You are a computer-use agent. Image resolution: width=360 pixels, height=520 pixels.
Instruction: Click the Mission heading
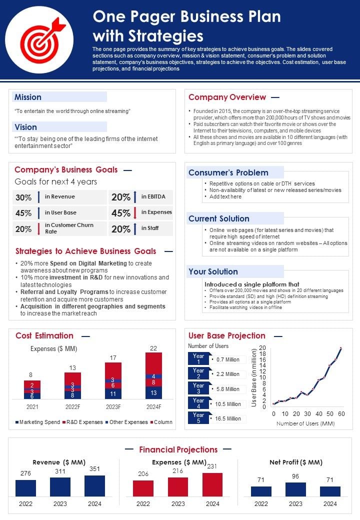(x=28, y=97)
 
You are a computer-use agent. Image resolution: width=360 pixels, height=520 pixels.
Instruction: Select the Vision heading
(x=25, y=127)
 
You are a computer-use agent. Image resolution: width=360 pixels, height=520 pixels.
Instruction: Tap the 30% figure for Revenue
(x=23, y=197)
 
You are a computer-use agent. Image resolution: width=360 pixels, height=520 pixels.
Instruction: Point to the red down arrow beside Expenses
(x=134, y=212)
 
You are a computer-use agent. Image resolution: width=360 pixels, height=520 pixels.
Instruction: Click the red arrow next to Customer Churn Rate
(x=38, y=228)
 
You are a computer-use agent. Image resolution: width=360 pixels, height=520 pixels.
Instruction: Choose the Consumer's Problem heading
(x=228, y=172)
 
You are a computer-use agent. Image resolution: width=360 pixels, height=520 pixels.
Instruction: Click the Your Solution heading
(x=213, y=271)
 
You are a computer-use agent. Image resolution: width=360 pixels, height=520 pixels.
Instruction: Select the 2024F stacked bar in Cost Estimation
(x=153, y=375)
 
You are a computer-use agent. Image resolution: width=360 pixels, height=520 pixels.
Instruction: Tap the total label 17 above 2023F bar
(x=113, y=357)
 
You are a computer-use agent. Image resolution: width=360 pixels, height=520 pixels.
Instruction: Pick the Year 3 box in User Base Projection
(x=198, y=388)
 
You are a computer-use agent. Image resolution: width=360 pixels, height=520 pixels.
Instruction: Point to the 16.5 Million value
(x=227, y=418)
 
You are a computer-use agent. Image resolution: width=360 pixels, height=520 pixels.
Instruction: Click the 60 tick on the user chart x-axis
(x=341, y=414)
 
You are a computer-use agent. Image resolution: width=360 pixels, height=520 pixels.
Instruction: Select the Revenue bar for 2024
(x=94, y=485)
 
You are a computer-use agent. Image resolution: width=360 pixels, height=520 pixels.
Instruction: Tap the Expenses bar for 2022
(x=143, y=488)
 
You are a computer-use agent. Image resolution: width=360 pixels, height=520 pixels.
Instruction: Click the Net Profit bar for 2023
(x=295, y=489)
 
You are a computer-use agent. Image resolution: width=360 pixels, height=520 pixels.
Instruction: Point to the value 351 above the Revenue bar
(x=94, y=469)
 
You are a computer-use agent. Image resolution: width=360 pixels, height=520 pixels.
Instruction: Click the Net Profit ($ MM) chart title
(x=295, y=462)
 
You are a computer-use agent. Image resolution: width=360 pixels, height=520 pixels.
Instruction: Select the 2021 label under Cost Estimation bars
(x=32, y=406)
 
